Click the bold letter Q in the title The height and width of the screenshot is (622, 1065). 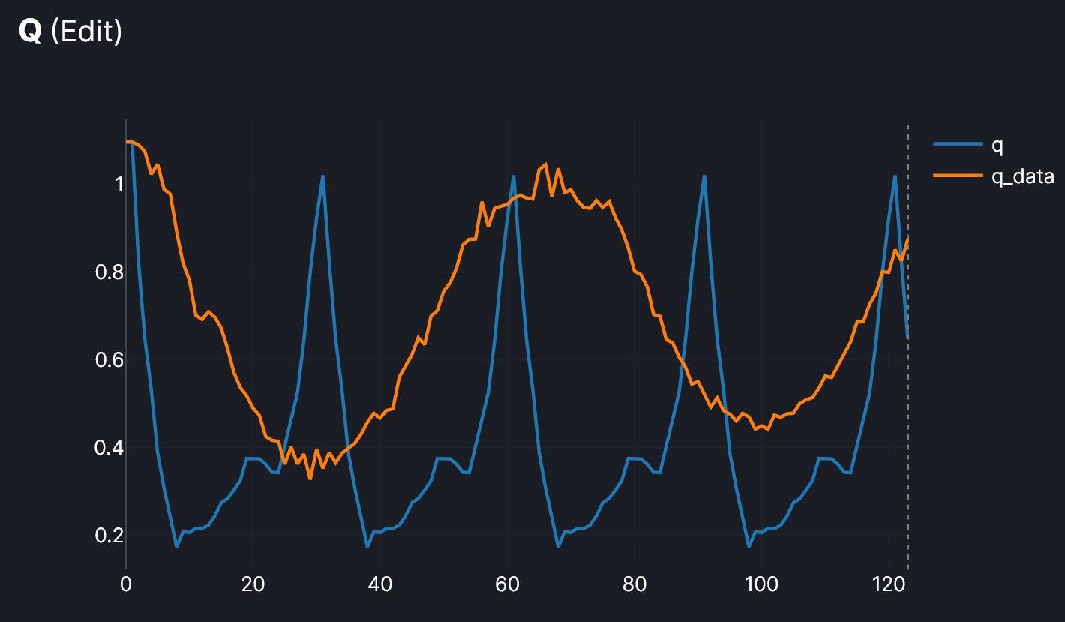30,32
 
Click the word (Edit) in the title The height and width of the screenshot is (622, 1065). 85,32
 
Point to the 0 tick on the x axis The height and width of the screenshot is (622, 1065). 126,584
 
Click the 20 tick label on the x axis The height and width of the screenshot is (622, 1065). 253,584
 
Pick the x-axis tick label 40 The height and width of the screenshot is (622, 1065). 380,584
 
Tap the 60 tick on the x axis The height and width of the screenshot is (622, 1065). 507,584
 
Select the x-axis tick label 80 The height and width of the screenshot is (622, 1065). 634,584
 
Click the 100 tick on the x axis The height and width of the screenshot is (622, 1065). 761,584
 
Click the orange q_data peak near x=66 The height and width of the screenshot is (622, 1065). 545,164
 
